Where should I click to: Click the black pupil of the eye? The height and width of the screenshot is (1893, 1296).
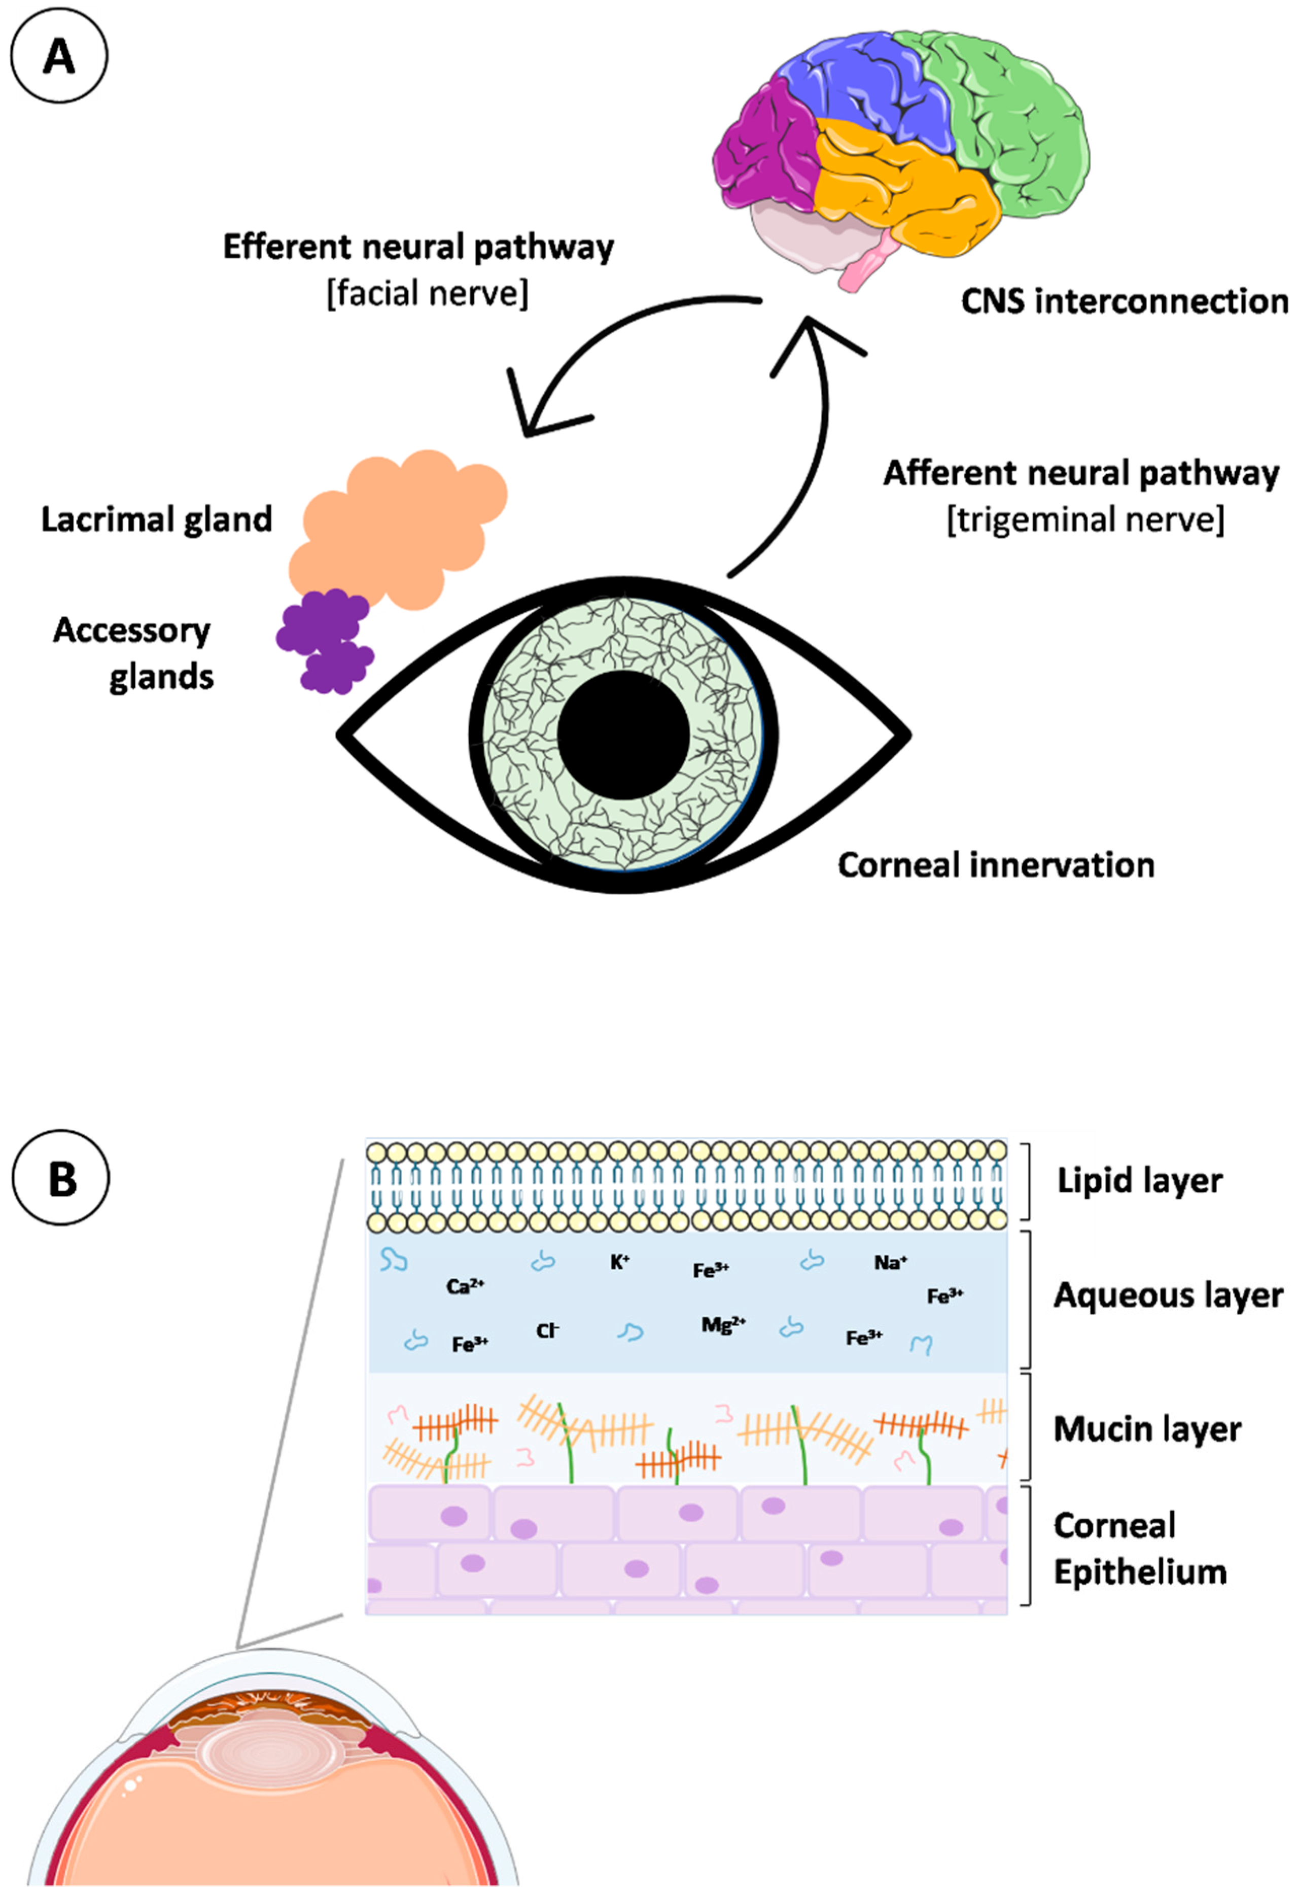(x=623, y=734)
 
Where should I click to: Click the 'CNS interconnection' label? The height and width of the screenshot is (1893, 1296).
(x=1124, y=301)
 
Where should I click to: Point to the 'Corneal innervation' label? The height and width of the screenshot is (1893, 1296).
(x=995, y=865)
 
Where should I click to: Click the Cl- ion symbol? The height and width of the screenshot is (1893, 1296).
(x=547, y=1331)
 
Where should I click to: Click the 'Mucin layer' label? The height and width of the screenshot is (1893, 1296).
(x=1147, y=1429)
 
